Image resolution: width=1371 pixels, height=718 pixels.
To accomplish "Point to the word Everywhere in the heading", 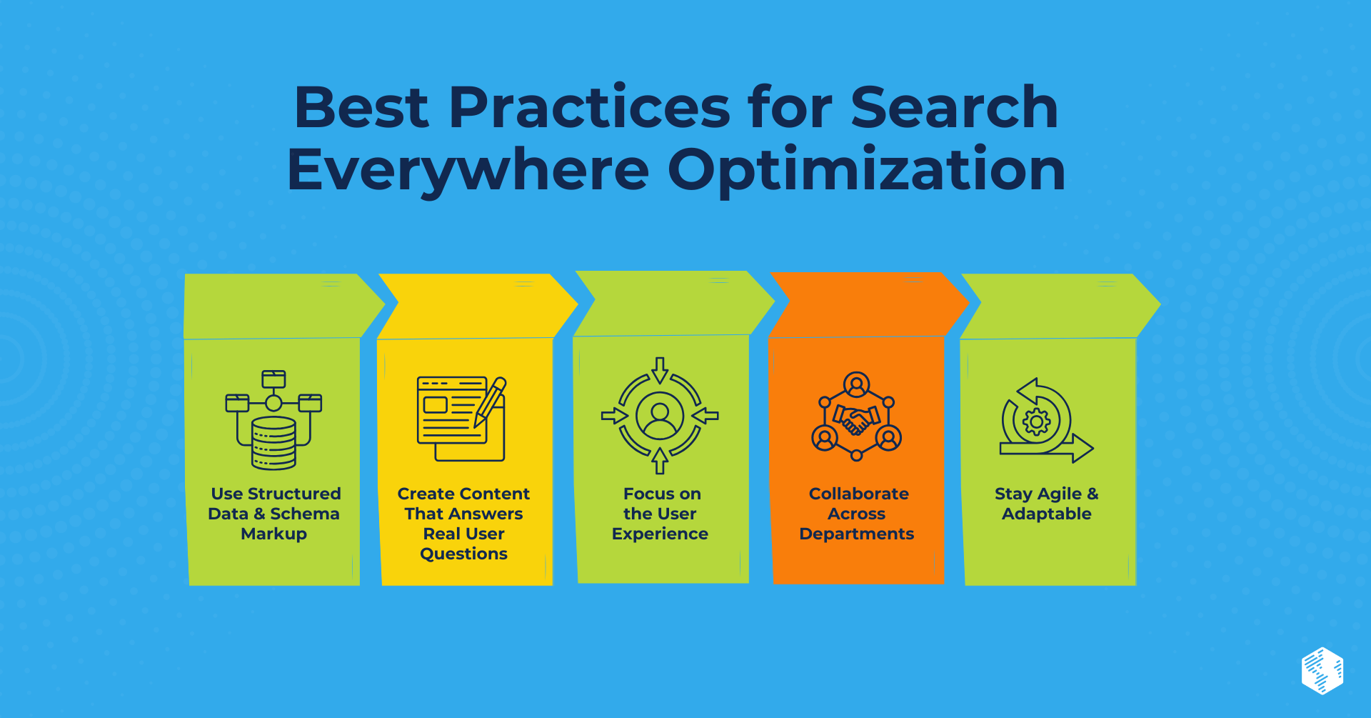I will pyautogui.click(x=468, y=170).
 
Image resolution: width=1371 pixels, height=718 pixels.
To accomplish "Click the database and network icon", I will pyautogui.click(x=273, y=419).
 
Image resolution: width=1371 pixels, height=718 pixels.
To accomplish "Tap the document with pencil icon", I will pyautogui.click(x=461, y=419).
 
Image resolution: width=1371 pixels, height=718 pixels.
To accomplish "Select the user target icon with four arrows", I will pyautogui.click(x=660, y=416).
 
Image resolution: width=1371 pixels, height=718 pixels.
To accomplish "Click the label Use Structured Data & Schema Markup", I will pyautogui.click(x=275, y=514).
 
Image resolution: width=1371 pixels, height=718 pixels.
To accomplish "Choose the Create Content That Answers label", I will pyautogui.click(x=463, y=504).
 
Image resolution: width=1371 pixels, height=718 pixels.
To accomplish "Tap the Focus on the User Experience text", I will pyautogui.click(x=661, y=514).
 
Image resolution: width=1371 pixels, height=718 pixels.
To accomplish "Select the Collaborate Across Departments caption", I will pyautogui.click(x=857, y=514).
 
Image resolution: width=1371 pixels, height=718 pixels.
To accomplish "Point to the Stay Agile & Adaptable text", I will pyautogui.click(x=1047, y=504).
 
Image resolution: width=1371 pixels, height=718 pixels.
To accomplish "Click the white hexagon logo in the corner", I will pyautogui.click(x=1322, y=671).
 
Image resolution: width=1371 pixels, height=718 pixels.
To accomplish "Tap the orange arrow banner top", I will pyautogui.click(x=864, y=304).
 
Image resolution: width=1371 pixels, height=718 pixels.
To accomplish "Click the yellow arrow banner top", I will pyautogui.click(x=471, y=306).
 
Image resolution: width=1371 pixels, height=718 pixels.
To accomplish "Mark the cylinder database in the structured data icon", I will pyautogui.click(x=273, y=443).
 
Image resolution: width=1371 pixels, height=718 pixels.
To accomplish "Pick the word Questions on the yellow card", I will pyautogui.click(x=463, y=554).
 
